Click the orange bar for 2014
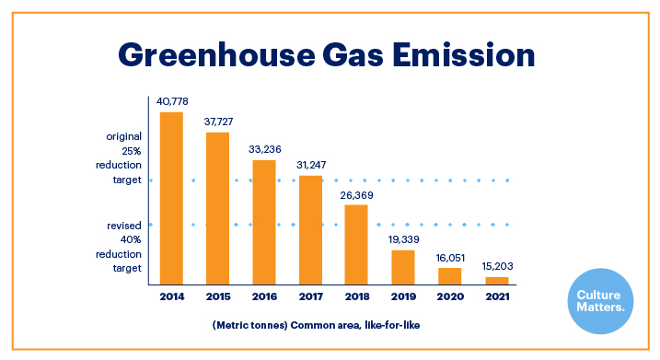click(x=171, y=197)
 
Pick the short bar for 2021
click(x=496, y=279)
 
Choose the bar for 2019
click(x=403, y=266)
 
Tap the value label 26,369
click(x=356, y=194)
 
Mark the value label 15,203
click(x=496, y=267)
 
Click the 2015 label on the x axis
click(x=217, y=297)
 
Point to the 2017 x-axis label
click(x=310, y=297)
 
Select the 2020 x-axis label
click(x=449, y=297)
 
